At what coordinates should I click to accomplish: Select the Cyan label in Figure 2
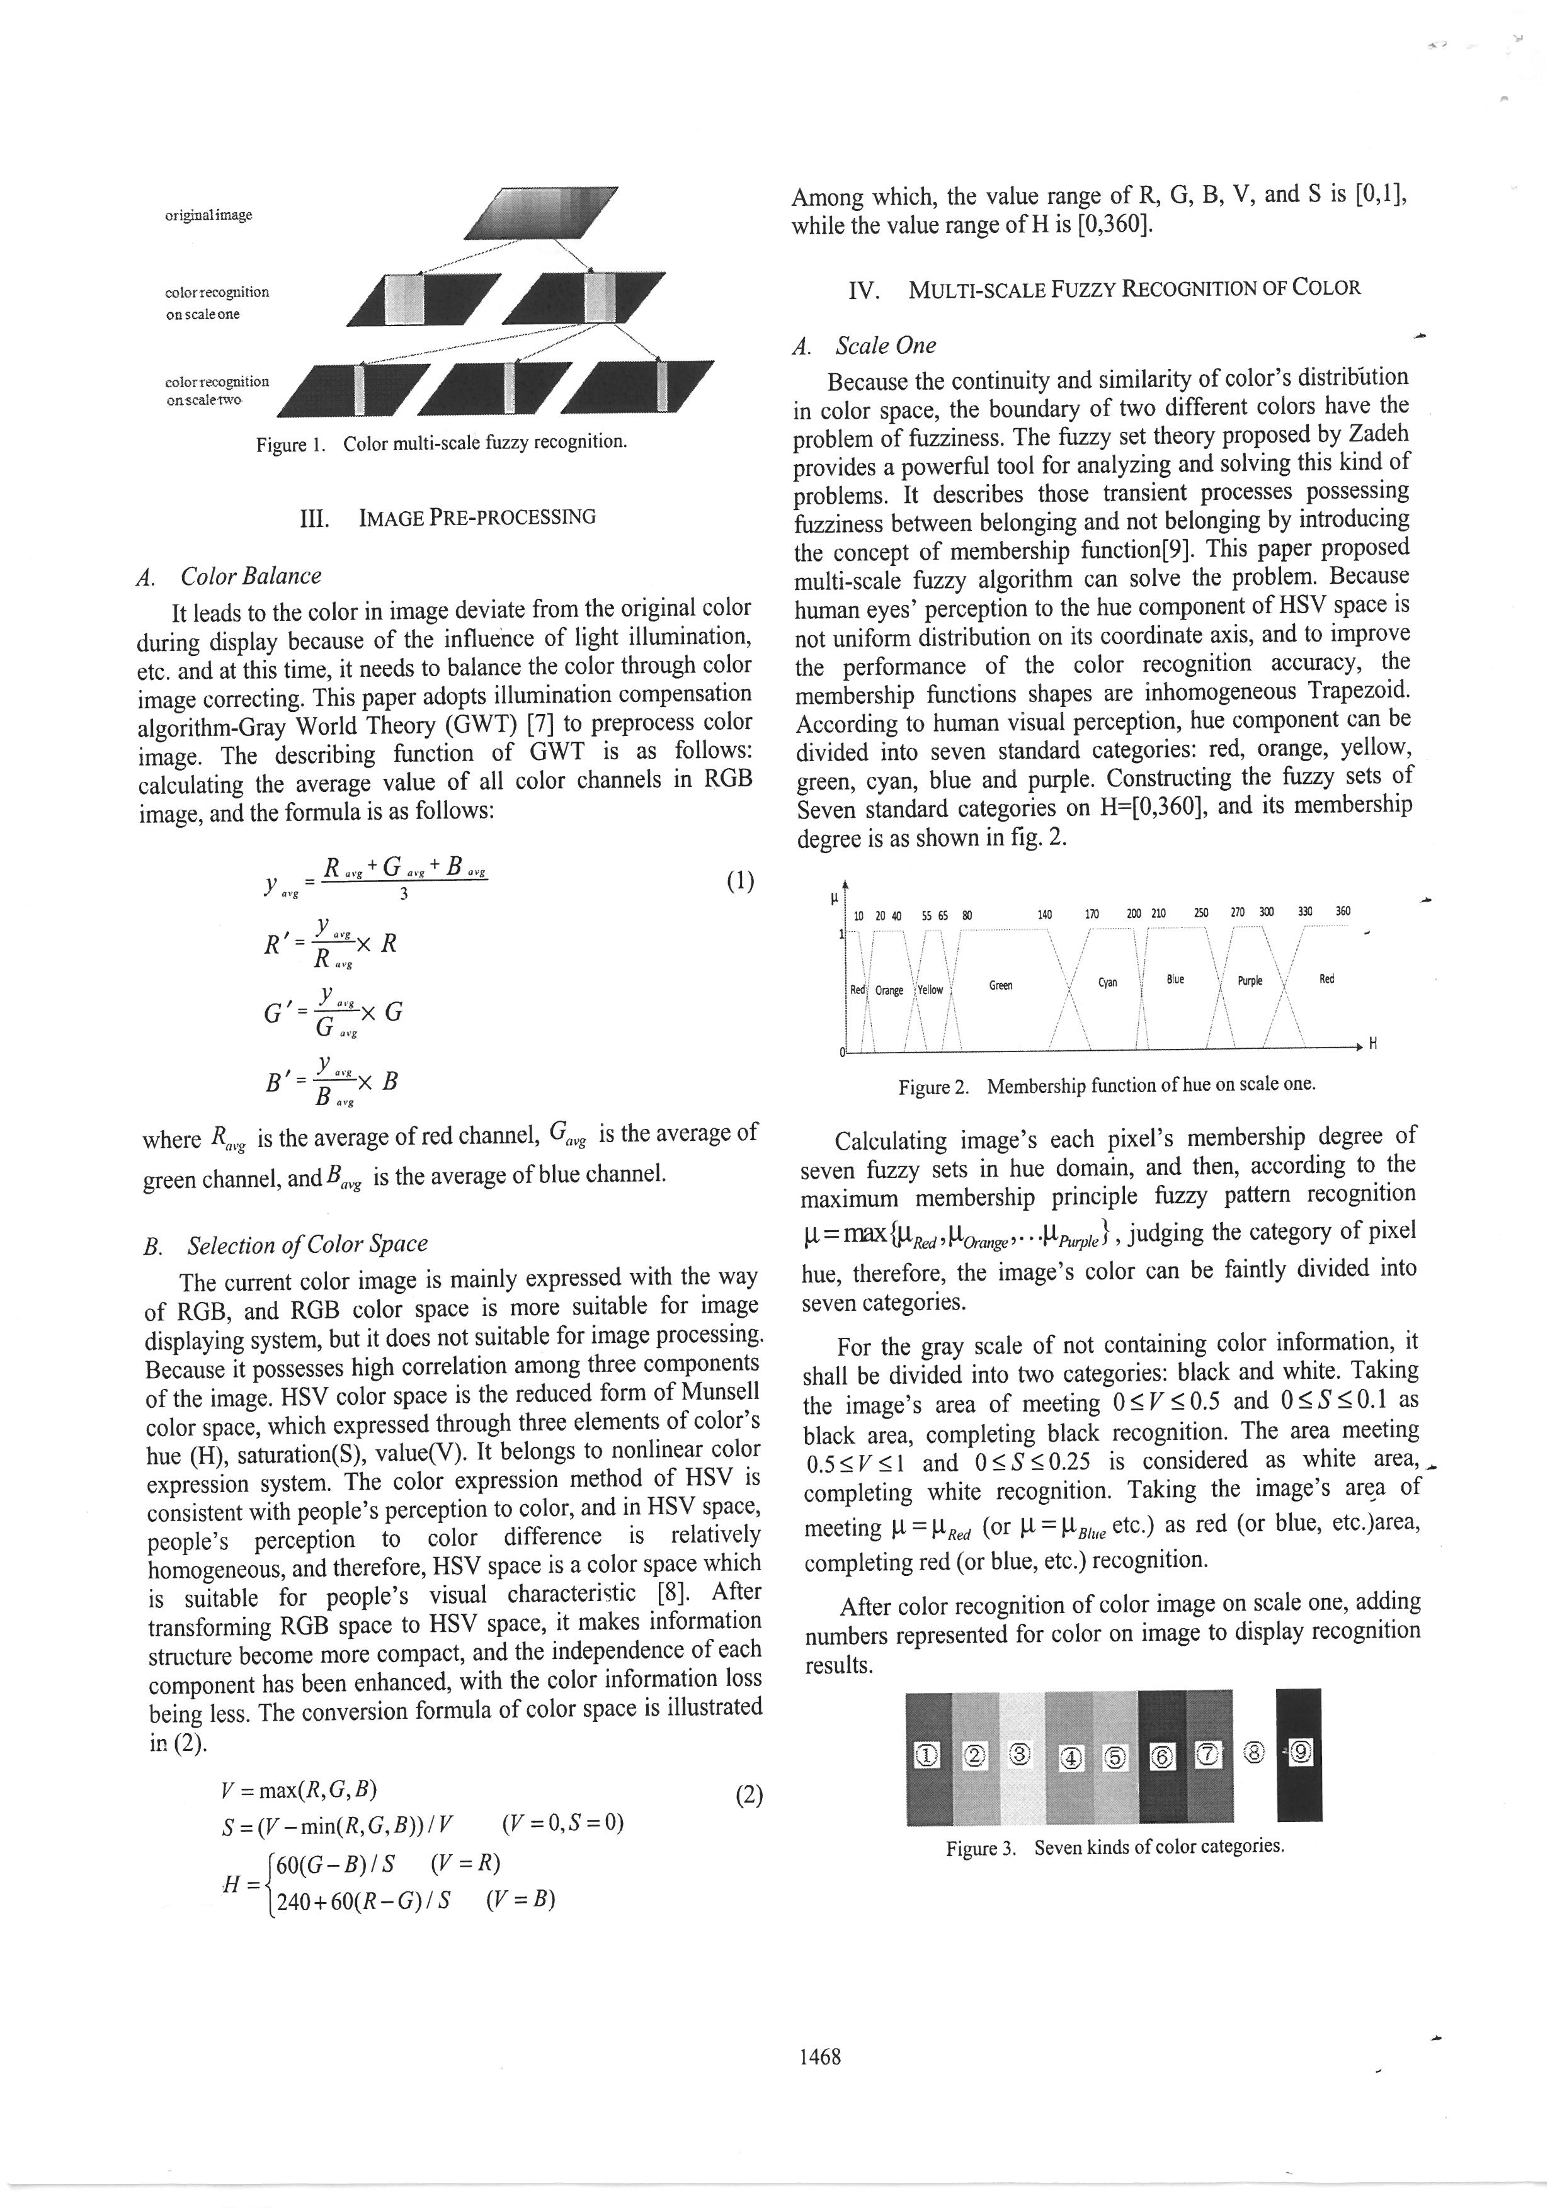[1108, 983]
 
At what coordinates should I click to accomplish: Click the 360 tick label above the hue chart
[1343, 912]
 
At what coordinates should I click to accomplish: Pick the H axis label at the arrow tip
[1372, 1045]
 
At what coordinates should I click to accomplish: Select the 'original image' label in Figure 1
[208, 215]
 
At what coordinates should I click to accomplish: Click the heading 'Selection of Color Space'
[307, 1245]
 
